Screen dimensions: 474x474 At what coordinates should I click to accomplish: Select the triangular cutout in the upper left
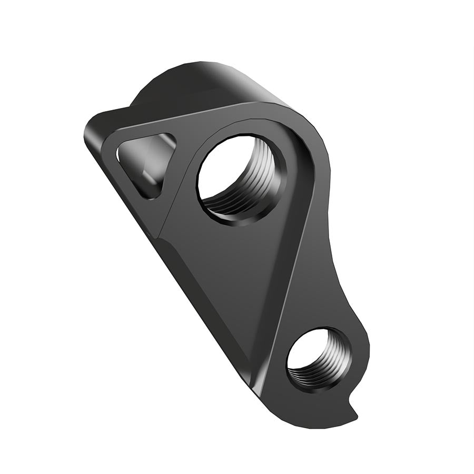pyautogui.click(x=145, y=163)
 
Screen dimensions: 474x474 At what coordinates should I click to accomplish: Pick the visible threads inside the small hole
pyautogui.click(x=329, y=363)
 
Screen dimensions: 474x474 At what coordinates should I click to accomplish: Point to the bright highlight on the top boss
pyautogui.click(x=211, y=71)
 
